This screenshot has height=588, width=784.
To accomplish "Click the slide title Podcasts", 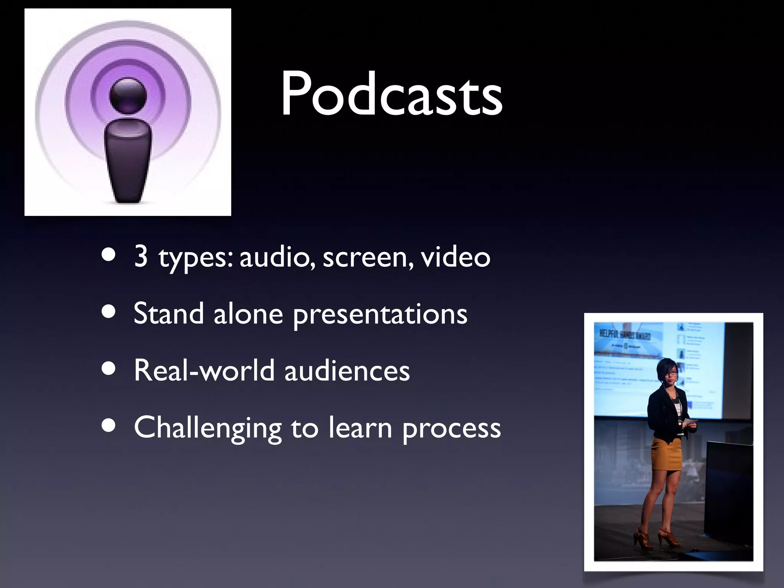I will click(x=391, y=94).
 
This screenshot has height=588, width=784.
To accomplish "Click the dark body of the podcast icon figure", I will click(x=128, y=161).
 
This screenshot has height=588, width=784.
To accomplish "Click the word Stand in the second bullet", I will click(x=168, y=314).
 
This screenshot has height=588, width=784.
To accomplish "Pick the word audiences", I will click(x=347, y=371).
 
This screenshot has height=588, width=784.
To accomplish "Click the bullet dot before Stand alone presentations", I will click(x=109, y=312).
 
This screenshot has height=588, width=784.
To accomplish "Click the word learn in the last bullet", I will click(x=360, y=428).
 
